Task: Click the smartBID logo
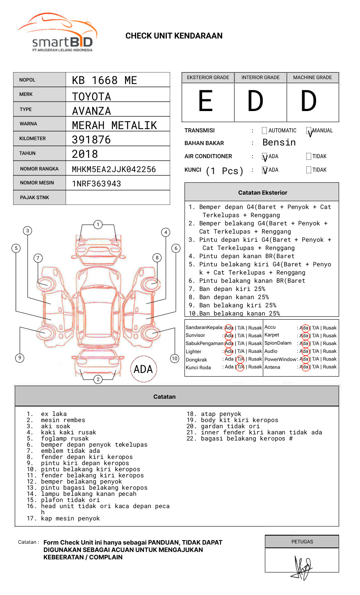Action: (x=57, y=34)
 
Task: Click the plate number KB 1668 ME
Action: (x=104, y=80)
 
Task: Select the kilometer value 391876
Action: (x=91, y=140)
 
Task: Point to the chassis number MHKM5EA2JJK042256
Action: (x=114, y=169)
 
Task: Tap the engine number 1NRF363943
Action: (x=96, y=184)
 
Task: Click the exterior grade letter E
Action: (x=205, y=101)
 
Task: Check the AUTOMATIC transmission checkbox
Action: (x=264, y=131)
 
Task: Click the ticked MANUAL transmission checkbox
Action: (x=309, y=131)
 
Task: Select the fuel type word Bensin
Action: (x=279, y=143)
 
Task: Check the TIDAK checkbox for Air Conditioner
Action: (x=309, y=157)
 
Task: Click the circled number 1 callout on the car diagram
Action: (x=98, y=225)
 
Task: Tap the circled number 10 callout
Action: (x=175, y=359)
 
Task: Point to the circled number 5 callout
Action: (x=16, y=248)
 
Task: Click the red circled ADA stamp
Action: (x=143, y=369)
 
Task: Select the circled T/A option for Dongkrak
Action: (x=240, y=359)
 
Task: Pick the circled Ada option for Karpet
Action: (x=304, y=336)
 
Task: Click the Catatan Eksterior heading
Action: (x=262, y=193)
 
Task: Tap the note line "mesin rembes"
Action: (x=63, y=420)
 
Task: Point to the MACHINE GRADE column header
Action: (x=312, y=77)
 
